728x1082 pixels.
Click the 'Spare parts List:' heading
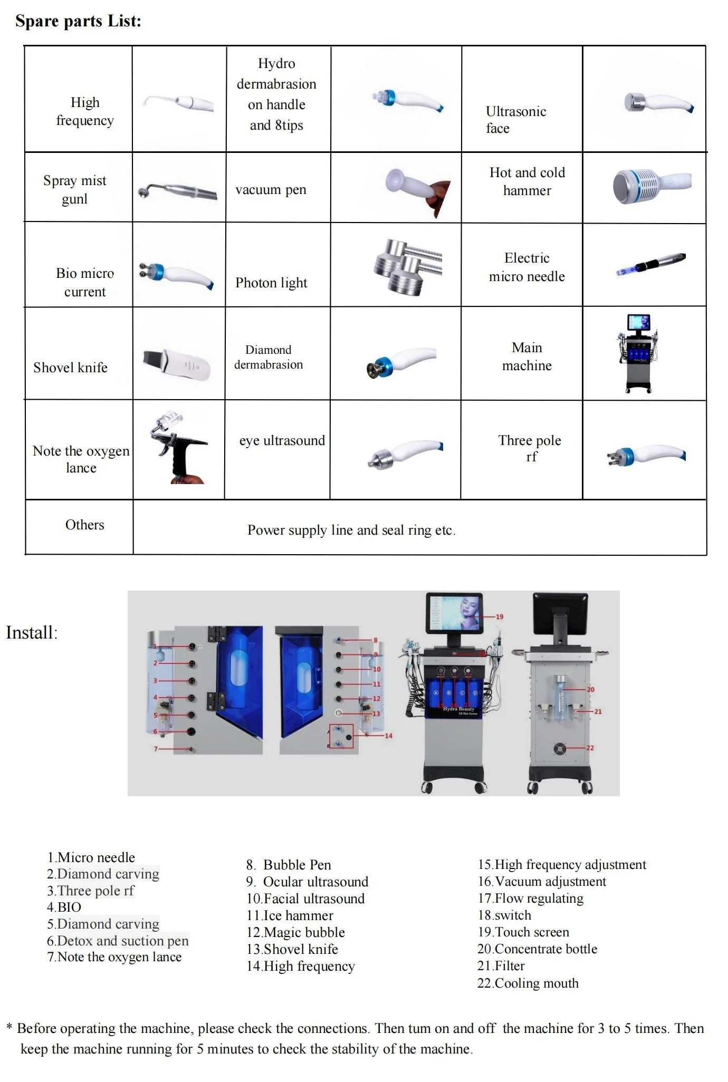[x=78, y=22]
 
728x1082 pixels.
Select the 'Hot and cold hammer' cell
[x=527, y=181]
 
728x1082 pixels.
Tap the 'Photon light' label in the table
[x=271, y=283]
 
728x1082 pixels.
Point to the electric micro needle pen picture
[x=651, y=264]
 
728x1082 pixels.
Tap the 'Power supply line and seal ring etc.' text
[x=351, y=530]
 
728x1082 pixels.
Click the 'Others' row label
[x=84, y=525]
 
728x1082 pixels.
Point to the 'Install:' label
[x=32, y=633]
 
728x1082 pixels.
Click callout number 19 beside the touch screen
[x=499, y=616]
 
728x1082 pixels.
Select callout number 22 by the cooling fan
[x=590, y=748]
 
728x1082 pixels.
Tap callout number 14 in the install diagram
[x=388, y=736]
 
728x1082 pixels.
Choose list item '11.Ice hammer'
[x=290, y=915]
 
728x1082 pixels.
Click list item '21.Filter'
[x=501, y=966]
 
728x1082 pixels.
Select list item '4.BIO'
[x=64, y=907]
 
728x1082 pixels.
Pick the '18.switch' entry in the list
[x=504, y=915]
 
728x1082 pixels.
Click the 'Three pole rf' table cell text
[x=530, y=448]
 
